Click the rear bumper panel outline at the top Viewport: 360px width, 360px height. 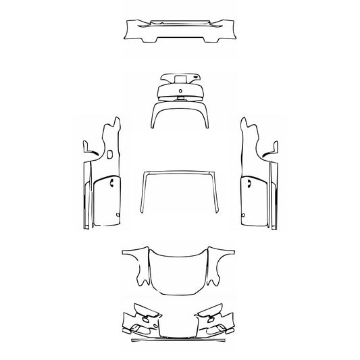(x=180, y=30)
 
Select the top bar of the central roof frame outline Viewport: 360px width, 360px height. (x=180, y=174)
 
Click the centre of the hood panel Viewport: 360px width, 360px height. (x=180, y=270)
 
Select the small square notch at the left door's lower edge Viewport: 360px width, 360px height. (x=117, y=215)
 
